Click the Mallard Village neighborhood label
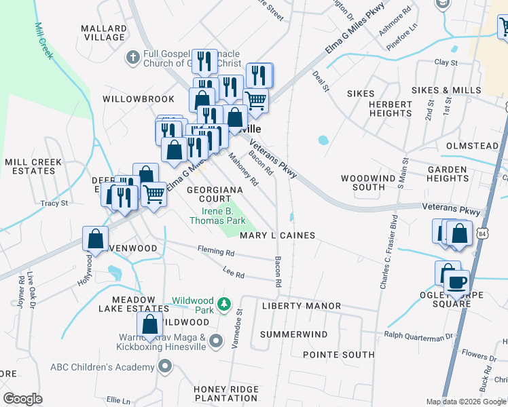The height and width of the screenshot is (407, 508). [104, 33]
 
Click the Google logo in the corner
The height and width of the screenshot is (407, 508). [22, 398]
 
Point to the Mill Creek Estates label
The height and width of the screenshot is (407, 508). [33, 166]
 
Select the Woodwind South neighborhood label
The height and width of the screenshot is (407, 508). [363, 182]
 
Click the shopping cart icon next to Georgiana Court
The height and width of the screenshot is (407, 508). [154, 194]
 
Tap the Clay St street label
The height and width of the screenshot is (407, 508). [446, 62]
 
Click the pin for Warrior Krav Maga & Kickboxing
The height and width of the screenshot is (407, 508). [216, 341]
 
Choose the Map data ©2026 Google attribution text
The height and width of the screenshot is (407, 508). [466, 401]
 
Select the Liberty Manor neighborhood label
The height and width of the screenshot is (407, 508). [301, 306]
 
